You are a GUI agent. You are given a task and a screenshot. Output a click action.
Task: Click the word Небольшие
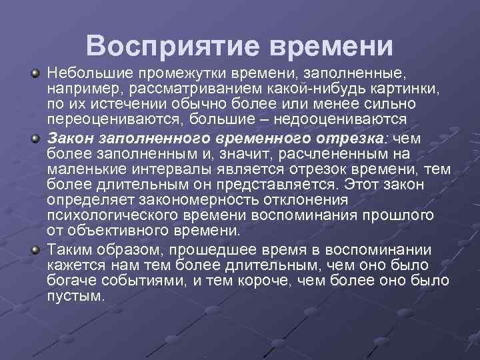pyautogui.click(x=82, y=71)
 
